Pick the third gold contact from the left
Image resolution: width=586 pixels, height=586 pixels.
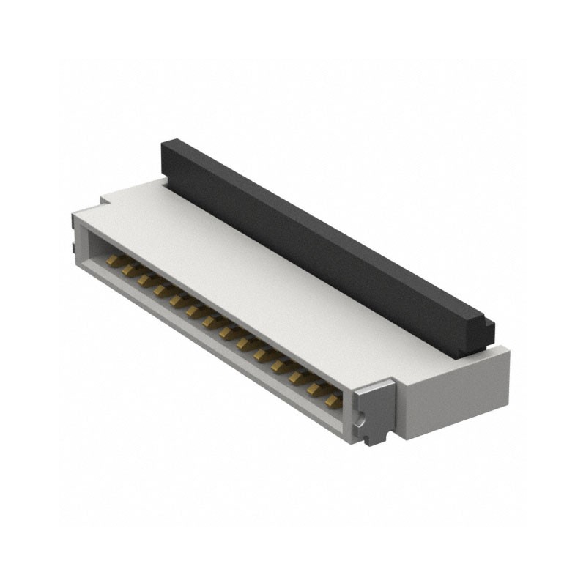click(146, 280)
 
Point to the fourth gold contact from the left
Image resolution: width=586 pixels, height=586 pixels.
click(162, 290)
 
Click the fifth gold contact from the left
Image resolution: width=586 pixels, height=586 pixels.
click(178, 300)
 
